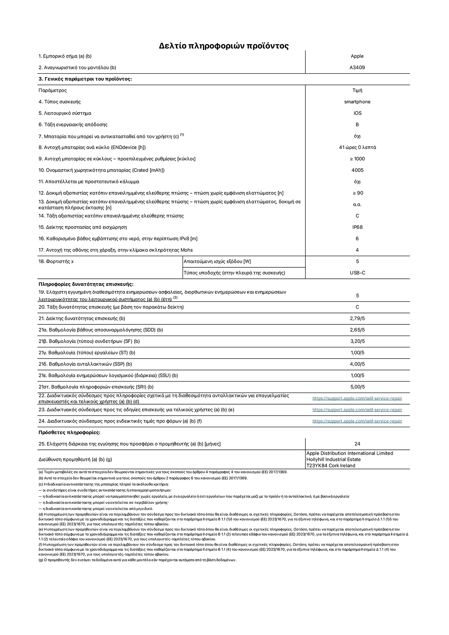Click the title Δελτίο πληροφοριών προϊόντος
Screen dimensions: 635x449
pyautogui.click(x=224, y=46)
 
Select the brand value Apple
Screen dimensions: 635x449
pyautogui.click(x=357, y=56)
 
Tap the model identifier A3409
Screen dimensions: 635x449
pyautogui.click(x=357, y=68)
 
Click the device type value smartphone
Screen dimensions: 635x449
pyautogui.click(x=357, y=102)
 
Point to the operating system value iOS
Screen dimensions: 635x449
pyautogui.click(x=357, y=113)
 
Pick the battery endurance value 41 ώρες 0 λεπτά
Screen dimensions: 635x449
pyautogui.click(x=357, y=147)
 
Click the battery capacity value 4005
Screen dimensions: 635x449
pyautogui.click(x=357, y=170)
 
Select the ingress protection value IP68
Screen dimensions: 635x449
pyautogui.click(x=357, y=227)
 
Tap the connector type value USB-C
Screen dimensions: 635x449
pyautogui.click(x=357, y=273)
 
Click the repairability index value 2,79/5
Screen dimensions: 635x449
pyautogui.click(x=357, y=318)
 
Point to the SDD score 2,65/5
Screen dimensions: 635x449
pyautogui.click(x=357, y=330)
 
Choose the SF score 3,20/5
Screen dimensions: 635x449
pyautogui.click(x=357, y=341)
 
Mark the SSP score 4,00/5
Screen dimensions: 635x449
pyautogui.click(x=357, y=364)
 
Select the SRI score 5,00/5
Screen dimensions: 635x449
pyautogui.click(x=357, y=387)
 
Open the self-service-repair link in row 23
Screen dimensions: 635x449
pyautogui.click(x=357, y=410)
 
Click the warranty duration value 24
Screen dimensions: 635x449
pyautogui.click(x=357, y=444)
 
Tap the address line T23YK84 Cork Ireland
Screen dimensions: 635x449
pyautogui.click(x=331, y=466)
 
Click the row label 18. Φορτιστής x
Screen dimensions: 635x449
pyautogui.click(x=56, y=262)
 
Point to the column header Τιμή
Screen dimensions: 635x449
pyautogui.click(x=357, y=91)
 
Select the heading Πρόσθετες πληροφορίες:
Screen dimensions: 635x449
pyautogui.click(x=69, y=433)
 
